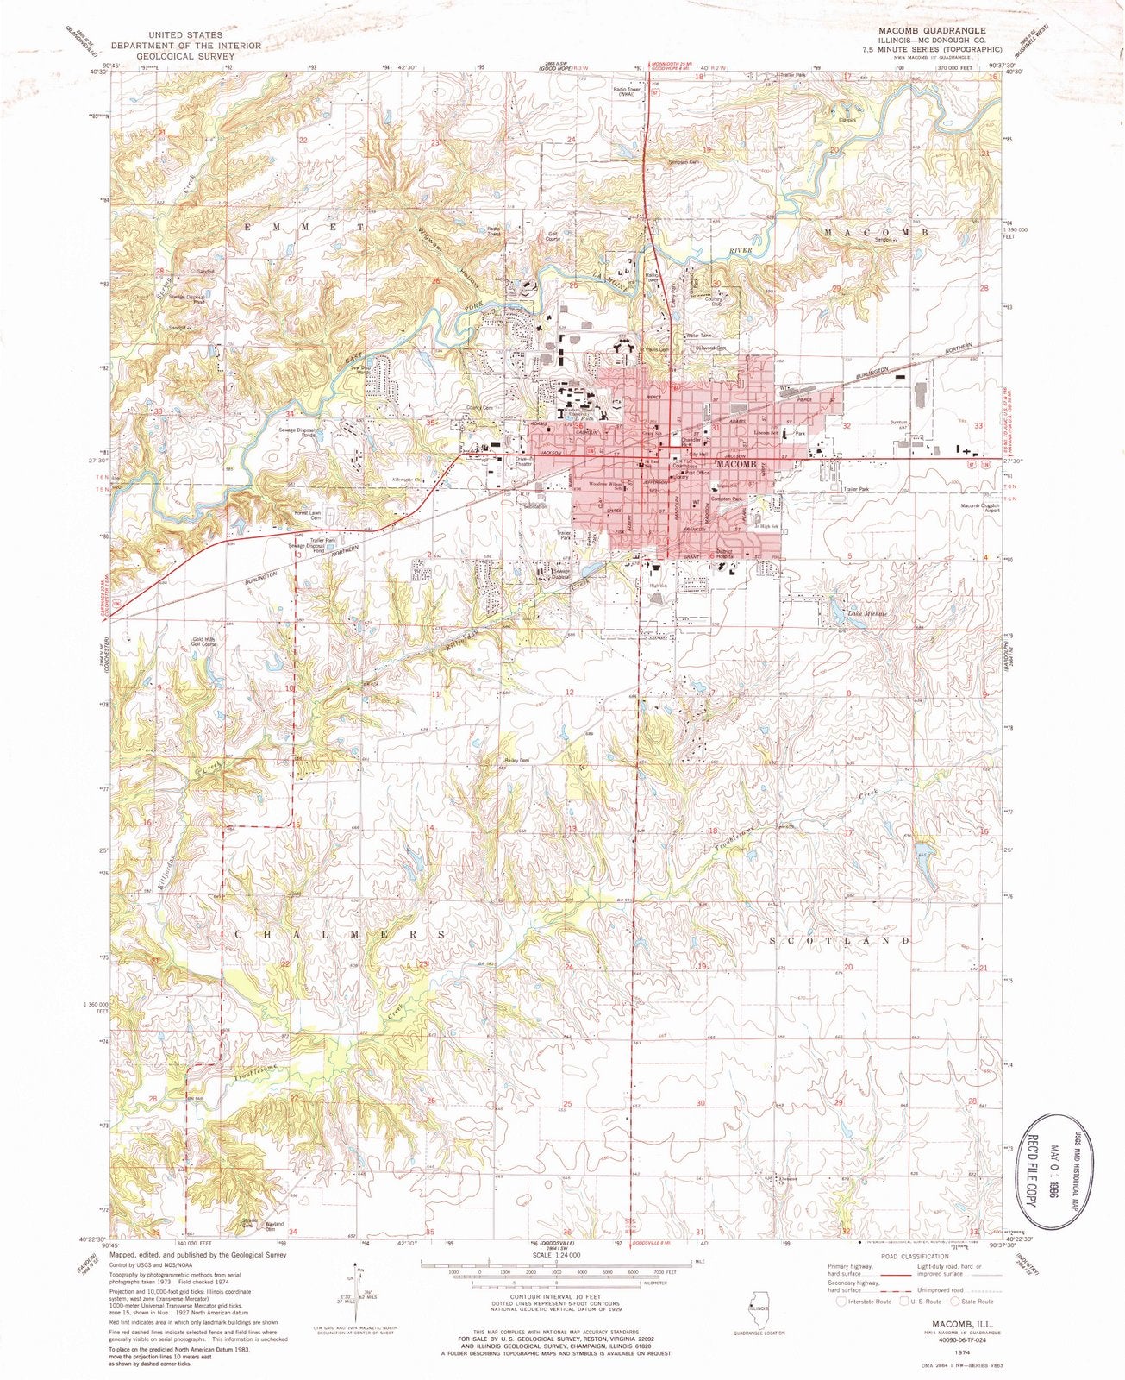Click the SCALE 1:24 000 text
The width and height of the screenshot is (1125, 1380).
click(x=556, y=1257)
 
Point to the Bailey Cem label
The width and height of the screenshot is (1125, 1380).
click(x=517, y=760)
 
